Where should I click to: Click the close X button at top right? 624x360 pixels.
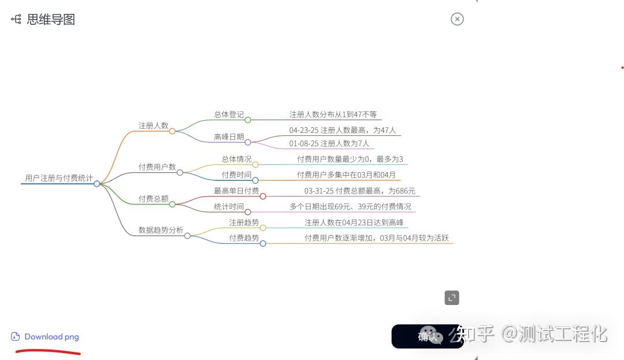(457, 19)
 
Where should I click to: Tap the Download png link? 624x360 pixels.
(51, 337)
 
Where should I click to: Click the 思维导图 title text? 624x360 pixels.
(51, 20)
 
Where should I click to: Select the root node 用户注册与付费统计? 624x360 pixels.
(58, 178)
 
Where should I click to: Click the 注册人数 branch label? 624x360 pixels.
(153, 125)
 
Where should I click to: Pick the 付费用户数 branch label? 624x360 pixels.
(157, 167)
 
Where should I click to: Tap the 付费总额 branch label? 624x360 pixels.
(153, 199)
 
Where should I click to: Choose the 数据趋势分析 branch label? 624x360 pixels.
(161, 230)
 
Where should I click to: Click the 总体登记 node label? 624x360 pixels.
(229, 114)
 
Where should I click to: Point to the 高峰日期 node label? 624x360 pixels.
(229, 137)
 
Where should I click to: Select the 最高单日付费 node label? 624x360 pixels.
(236, 191)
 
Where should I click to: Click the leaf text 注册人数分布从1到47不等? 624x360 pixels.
(333, 114)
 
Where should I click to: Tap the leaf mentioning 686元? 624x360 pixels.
(359, 191)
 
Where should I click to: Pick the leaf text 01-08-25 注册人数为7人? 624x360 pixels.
(329, 143)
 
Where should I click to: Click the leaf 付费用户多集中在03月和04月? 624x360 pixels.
(346, 175)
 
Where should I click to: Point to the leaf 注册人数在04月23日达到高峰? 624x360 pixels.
(354, 222)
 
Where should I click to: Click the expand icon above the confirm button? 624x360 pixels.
(452, 298)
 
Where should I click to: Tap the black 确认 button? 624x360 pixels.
(428, 336)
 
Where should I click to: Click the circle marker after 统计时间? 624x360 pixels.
(248, 212)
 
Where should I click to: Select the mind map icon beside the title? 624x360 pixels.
(16, 20)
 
